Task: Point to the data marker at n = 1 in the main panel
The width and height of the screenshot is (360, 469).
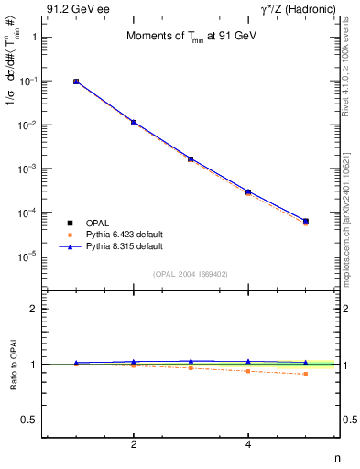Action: pyautogui.click(x=76, y=82)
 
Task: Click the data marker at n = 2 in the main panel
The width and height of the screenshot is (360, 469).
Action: pyautogui.click(x=134, y=122)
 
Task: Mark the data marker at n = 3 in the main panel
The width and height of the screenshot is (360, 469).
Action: pyautogui.click(x=191, y=158)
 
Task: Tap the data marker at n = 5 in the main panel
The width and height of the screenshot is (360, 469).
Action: pyautogui.click(x=305, y=221)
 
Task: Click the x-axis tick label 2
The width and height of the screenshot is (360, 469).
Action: pyautogui.click(x=134, y=444)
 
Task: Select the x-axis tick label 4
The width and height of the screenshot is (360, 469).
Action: pyautogui.click(x=248, y=444)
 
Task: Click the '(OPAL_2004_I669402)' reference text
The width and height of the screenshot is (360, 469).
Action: pyautogui.click(x=191, y=273)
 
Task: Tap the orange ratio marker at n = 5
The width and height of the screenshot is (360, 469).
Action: pyautogui.click(x=305, y=374)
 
